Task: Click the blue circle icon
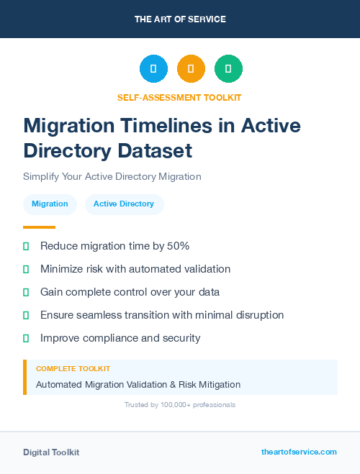pyautogui.click(x=153, y=69)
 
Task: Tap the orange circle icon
pyautogui.click(x=191, y=69)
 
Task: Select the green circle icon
pyautogui.click(x=228, y=69)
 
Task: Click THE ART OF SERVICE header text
pyautogui.click(x=180, y=19)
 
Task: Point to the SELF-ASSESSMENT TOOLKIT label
pyautogui.click(x=179, y=97)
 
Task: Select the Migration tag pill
pyautogui.click(x=50, y=204)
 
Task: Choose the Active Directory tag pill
pyautogui.click(x=124, y=204)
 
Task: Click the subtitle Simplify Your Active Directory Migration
pyautogui.click(x=112, y=176)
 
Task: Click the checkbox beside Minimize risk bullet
pyautogui.click(x=26, y=269)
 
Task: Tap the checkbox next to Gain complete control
pyautogui.click(x=26, y=292)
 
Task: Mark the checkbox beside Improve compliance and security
pyautogui.click(x=26, y=338)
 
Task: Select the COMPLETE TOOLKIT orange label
pyautogui.click(x=73, y=369)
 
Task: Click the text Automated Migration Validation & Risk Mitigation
pyautogui.click(x=138, y=385)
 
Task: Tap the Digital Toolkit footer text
pyautogui.click(x=51, y=452)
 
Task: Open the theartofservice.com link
pyautogui.click(x=299, y=452)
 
